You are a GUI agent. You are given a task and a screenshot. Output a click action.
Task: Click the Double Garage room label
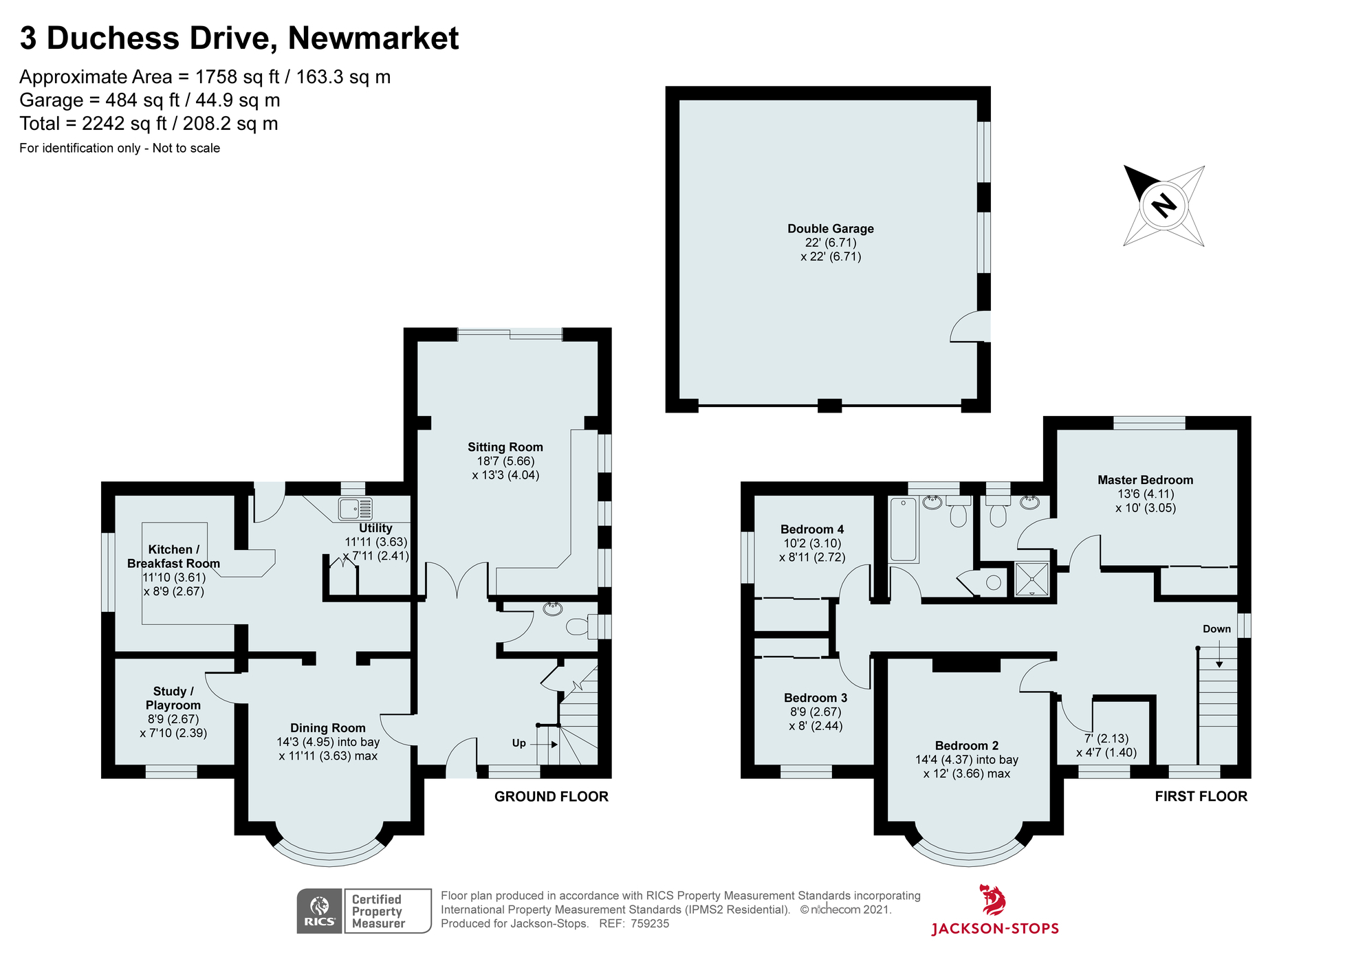pos(830,229)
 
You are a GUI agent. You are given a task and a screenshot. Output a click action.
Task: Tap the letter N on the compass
pos(1164,206)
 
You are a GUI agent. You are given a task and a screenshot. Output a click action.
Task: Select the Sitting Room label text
pos(505,447)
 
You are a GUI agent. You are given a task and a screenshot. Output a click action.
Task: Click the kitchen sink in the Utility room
pos(355,509)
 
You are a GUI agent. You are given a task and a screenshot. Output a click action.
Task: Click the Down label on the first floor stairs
pos(1216,629)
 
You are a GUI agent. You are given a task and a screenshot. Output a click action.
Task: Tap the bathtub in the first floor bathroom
pos(903,530)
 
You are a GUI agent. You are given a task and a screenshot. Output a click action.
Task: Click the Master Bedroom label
pos(1145,480)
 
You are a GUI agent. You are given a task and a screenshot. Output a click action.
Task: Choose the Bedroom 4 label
pos(811,529)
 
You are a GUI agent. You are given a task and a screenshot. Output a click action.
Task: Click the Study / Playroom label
pos(173,698)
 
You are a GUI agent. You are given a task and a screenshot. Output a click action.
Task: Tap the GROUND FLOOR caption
pos(551,797)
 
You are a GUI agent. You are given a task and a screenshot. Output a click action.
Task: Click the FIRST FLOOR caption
pos(1200,796)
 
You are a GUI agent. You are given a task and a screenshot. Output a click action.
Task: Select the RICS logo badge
pos(320,911)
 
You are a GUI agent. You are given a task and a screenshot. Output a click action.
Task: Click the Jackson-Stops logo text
pos(994,929)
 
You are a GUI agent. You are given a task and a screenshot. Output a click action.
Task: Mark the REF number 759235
pos(649,923)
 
